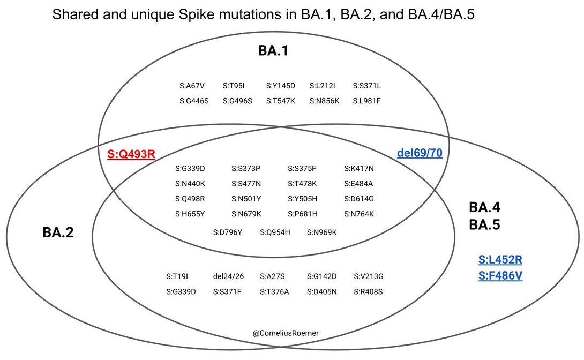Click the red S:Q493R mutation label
(131, 154)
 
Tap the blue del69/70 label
(420, 153)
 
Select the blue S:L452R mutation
(500, 260)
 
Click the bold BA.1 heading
(273, 51)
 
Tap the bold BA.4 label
(484, 207)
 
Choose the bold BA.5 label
(484, 225)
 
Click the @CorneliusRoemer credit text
(286, 333)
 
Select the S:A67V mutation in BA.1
(192, 86)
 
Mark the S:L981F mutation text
(367, 100)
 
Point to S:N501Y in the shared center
(246, 199)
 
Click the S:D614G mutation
(359, 199)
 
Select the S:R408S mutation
(369, 292)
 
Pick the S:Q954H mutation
(275, 232)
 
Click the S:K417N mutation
(359, 169)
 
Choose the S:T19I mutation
(177, 277)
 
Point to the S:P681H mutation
(303, 214)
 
